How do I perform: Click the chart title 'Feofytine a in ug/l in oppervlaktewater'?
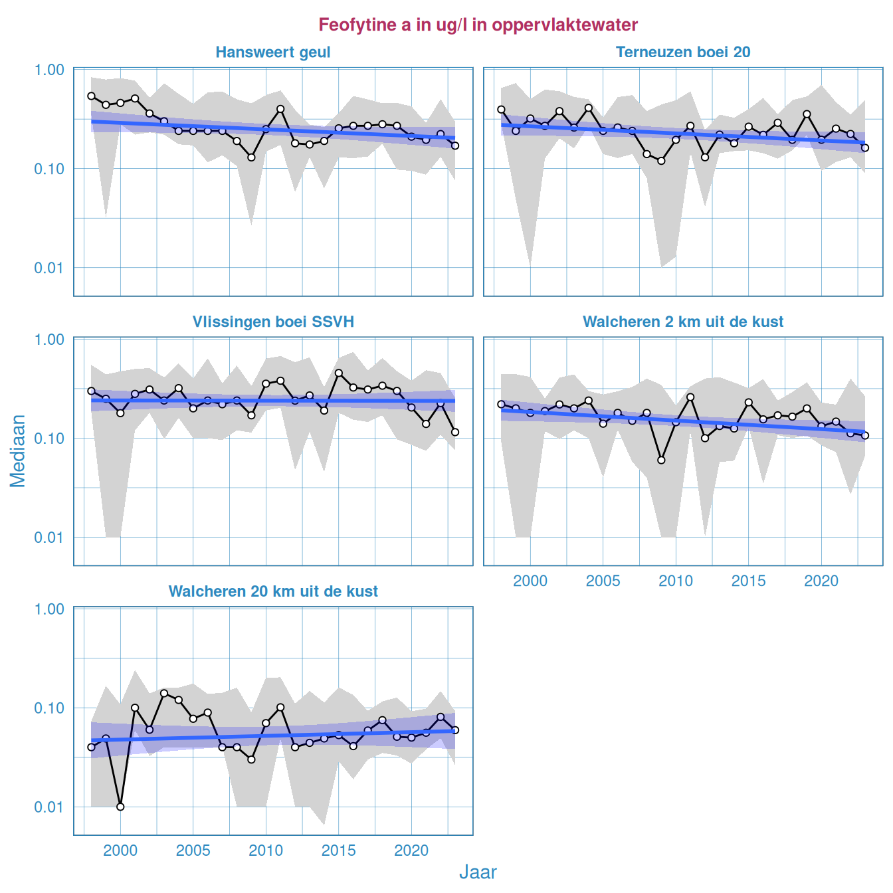click(478, 25)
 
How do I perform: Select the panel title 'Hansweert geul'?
click(273, 52)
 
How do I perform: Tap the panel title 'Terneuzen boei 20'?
click(683, 52)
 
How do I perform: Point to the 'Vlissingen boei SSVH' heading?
click(273, 322)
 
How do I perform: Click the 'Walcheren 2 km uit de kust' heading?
click(683, 322)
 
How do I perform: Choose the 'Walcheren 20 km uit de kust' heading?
click(273, 592)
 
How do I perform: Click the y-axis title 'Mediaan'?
click(18, 450)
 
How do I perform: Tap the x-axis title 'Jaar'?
click(478, 872)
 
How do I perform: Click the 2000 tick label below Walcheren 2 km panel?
click(530, 581)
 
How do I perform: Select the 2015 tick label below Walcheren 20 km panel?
click(339, 851)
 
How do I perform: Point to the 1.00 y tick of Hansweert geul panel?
click(49, 70)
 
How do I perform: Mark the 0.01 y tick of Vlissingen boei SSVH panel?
click(49, 538)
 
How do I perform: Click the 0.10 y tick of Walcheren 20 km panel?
click(49, 708)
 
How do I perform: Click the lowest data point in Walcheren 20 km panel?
click(120, 807)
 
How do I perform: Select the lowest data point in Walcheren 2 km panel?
click(661, 460)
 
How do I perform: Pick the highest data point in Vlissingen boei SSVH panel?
click(339, 373)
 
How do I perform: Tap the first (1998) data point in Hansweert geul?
click(91, 96)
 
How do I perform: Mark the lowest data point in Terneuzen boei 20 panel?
click(661, 161)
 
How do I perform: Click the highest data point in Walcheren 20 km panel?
click(164, 693)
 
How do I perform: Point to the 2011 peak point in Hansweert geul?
click(280, 108)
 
